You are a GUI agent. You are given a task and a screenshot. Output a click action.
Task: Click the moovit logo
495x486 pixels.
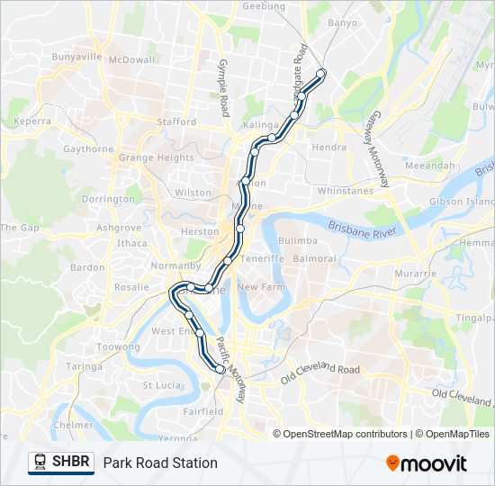[427, 463]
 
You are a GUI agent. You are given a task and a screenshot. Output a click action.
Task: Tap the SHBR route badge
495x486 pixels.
[61, 463]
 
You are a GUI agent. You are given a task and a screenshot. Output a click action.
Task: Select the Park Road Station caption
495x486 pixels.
[160, 463]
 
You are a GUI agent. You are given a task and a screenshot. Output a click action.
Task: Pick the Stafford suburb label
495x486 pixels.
[176, 121]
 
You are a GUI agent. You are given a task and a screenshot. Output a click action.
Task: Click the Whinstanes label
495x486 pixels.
[344, 191]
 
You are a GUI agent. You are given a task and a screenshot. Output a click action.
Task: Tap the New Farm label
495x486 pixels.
[261, 286]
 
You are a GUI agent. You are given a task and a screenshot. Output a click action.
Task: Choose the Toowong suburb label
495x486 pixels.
[118, 346]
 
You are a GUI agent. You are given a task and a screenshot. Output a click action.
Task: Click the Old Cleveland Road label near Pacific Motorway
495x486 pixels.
[319, 371]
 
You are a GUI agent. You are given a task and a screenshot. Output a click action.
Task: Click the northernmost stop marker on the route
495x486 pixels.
[321, 74]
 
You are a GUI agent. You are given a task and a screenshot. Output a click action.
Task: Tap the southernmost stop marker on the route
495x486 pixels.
[220, 368]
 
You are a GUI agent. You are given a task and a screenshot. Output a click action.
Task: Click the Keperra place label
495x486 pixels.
[32, 120]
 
